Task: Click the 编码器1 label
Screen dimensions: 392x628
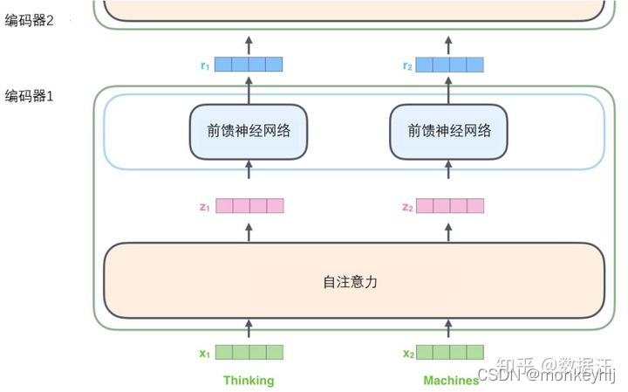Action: [30, 95]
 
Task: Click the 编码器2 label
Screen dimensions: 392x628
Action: [30, 20]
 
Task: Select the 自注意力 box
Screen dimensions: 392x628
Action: [353, 282]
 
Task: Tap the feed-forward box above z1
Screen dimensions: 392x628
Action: [249, 131]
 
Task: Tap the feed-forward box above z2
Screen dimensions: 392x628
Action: [449, 131]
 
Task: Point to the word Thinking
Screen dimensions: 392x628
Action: [249, 381]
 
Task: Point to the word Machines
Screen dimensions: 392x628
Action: [451, 381]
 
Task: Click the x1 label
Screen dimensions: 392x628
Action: [205, 354]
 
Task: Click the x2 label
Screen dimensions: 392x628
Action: [408, 354]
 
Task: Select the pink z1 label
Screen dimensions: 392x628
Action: [205, 207]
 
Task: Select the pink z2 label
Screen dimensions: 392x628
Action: [407, 207]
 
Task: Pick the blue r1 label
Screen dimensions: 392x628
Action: [205, 65]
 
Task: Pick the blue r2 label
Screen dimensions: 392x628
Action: [407, 65]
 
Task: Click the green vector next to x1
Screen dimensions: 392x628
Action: [249, 353]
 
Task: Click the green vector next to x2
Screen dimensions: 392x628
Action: [450, 353]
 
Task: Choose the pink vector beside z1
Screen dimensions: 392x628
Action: [249, 206]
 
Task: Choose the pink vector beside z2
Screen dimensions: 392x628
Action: [450, 206]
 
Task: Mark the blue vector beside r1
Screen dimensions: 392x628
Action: [249, 64]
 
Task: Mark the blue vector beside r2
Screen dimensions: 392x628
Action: [450, 64]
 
